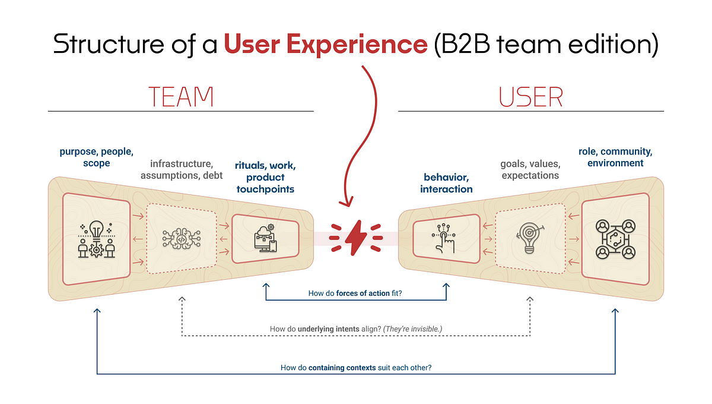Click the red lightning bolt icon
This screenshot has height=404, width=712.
(356, 238)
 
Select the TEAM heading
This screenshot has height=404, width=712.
(180, 96)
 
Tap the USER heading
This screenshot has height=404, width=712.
(530, 96)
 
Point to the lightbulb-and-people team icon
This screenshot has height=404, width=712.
(96, 238)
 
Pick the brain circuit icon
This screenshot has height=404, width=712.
(181, 239)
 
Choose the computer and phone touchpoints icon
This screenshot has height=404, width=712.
(264, 238)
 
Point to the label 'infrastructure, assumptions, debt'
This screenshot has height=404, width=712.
(182, 169)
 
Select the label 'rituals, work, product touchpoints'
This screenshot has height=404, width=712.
(265, 177)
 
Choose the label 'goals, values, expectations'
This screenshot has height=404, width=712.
(530, 169)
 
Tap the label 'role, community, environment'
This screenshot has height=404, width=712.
(615, 157)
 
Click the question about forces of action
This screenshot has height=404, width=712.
(355, 293)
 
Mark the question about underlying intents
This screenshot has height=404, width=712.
(356, 329)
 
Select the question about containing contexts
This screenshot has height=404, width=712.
(356, 368)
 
